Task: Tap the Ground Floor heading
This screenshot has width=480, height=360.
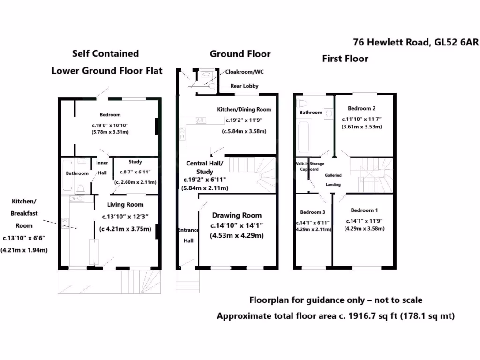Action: [240, 54]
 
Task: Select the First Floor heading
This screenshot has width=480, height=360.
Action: [345, 59]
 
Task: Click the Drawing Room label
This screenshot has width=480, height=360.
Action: [237, 216]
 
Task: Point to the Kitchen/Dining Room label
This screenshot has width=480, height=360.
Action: [244, 109]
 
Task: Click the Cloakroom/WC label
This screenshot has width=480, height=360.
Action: [245, 72]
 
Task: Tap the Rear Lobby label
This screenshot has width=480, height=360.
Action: [244, 86]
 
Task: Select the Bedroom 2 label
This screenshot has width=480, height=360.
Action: [361, 109]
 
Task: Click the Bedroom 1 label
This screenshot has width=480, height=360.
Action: [362, 210]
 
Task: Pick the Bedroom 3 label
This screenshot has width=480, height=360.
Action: [313, 212]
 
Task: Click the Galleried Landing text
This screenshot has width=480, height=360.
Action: [333, 180]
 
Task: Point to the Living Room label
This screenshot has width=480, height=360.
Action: [125, 204]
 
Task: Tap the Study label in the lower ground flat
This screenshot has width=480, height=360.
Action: [135, 162]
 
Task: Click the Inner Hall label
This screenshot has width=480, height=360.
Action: [102, 167]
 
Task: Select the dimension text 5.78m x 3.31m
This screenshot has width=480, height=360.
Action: [110, 132]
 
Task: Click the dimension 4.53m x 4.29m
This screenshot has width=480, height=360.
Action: [237, 235]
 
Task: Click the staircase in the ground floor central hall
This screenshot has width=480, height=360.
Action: [253, 171]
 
